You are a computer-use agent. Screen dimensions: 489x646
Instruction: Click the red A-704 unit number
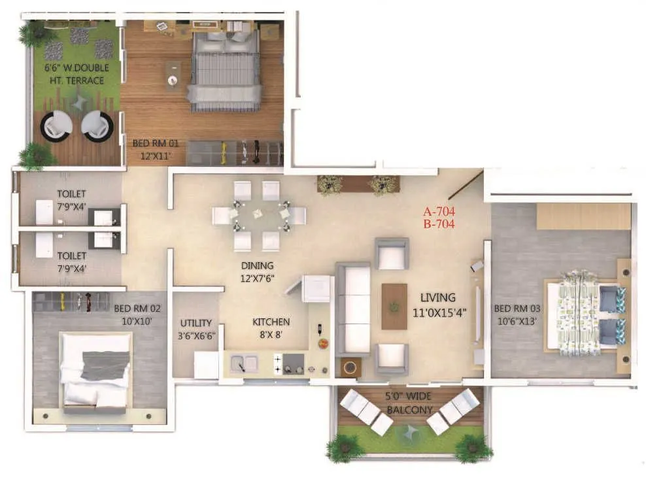tap(439, 211)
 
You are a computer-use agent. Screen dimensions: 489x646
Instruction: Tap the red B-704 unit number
tap(439, 222)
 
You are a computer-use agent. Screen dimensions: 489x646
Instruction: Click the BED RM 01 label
tap(156, 143)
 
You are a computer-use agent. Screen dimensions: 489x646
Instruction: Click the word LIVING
tap(438, 297)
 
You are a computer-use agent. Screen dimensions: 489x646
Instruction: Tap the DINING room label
tap(256, 266)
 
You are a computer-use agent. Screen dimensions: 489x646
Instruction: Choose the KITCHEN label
tap(271, 322)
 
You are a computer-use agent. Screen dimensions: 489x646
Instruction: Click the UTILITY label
tap(196, 323)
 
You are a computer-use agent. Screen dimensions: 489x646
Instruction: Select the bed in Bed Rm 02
tap(96, 369)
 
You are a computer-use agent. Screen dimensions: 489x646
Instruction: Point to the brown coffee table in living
tap(394, 306)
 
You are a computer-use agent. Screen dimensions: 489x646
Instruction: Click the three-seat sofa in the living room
tap(352, 309)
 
